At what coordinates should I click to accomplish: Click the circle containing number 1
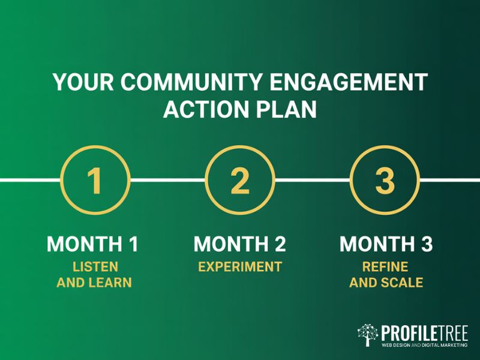95,179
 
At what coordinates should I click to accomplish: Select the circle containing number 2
240,179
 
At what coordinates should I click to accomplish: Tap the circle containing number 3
385,179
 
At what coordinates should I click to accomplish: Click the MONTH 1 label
94,245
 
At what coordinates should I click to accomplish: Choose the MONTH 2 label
240,245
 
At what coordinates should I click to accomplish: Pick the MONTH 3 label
386,245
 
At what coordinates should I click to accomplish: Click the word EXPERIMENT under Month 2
240,266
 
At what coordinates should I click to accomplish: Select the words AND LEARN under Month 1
94,282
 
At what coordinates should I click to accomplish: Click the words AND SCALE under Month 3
386,282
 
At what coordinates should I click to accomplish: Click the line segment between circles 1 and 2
167,179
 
